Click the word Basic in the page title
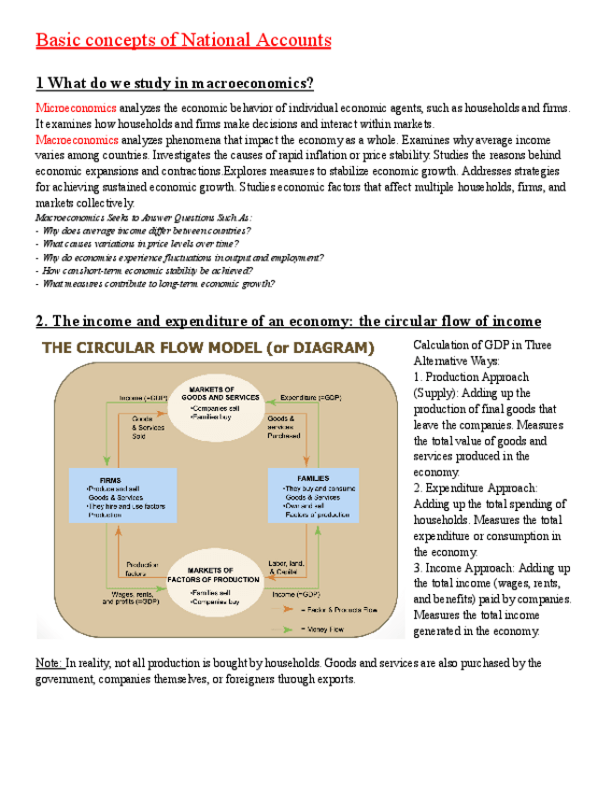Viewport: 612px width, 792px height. tap(59, 40)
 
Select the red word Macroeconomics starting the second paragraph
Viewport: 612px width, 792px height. tap(78, 140)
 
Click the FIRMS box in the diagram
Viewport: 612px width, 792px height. tap(121, 494)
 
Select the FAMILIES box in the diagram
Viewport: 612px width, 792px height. tap(314, 495)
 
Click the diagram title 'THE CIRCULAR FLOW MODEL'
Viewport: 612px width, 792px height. tap(206, 348)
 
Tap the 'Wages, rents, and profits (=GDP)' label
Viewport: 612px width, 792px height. tap(129, 598)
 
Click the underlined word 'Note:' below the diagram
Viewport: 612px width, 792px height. tap(49, 663)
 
